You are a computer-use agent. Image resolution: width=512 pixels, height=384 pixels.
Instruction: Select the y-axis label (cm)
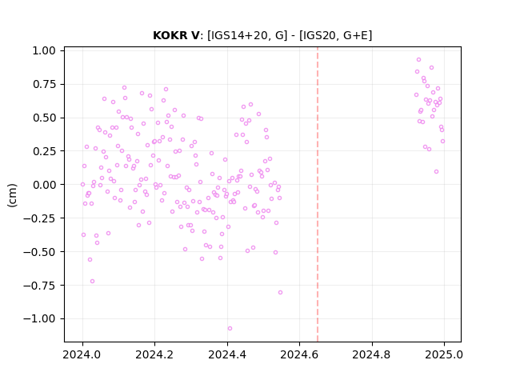12,195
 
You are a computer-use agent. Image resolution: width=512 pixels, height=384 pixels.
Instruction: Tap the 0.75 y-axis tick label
44,84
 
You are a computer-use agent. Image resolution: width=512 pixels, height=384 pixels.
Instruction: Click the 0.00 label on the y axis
44,185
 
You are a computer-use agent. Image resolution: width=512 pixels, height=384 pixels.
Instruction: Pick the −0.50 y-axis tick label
39,252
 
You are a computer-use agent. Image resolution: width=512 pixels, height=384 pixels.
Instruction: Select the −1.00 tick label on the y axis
39,318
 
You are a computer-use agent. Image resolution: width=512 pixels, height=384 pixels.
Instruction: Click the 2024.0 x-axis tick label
82,354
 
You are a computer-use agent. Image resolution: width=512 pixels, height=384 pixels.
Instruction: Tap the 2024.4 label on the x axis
227,354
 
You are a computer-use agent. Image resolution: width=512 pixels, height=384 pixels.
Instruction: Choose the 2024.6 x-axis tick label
299,354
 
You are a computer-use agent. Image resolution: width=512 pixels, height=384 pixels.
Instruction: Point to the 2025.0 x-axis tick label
444,354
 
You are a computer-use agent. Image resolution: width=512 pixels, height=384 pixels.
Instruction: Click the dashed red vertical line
318,194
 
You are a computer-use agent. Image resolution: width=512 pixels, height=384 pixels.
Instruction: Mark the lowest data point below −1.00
230,329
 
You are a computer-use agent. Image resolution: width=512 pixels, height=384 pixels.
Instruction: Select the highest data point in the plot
418,60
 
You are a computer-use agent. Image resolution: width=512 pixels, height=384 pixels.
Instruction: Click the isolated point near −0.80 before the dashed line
280,293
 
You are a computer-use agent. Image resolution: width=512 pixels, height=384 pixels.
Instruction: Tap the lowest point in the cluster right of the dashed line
436,172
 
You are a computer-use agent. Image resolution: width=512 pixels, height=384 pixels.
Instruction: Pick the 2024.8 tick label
371,354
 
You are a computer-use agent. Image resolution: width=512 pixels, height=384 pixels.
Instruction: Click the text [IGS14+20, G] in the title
247,35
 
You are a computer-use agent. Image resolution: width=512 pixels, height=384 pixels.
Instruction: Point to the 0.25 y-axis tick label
44,151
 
